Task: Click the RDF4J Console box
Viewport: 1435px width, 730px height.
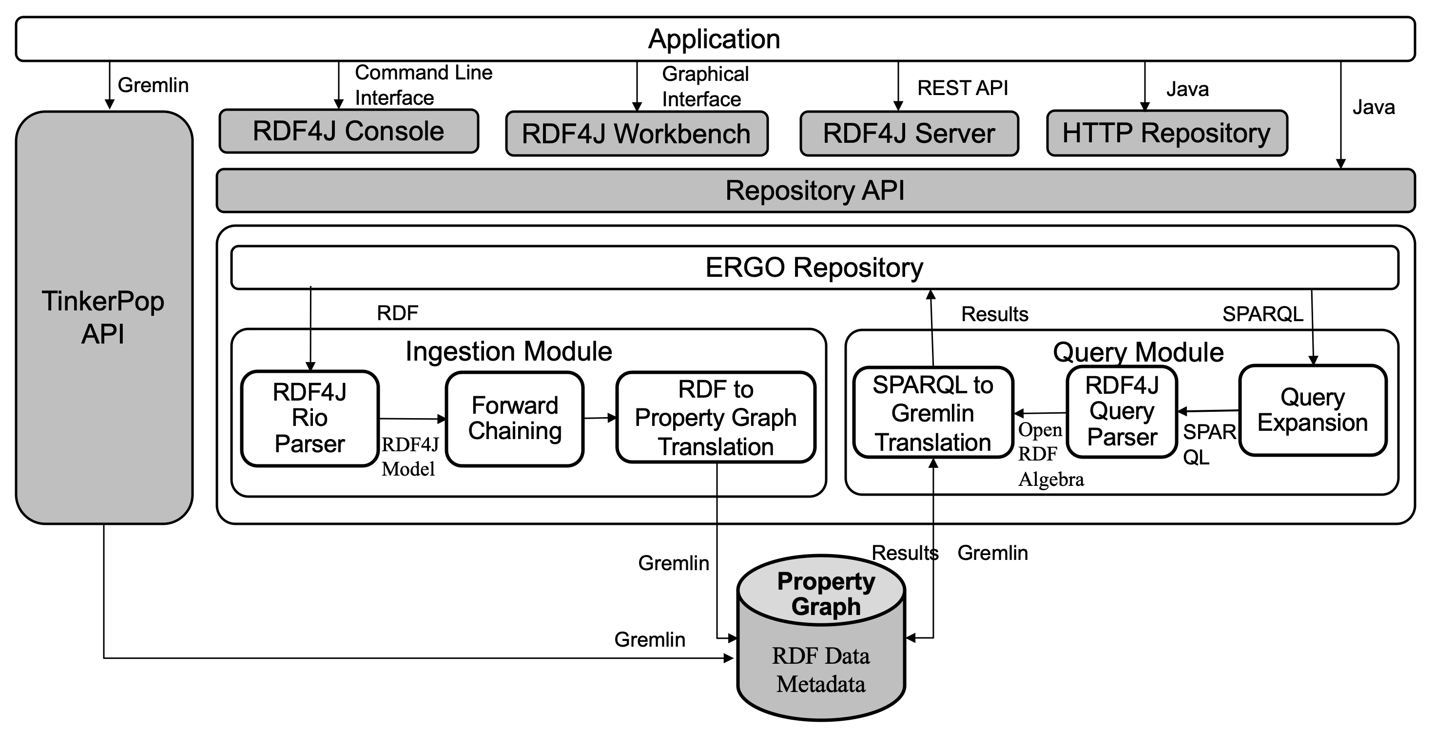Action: click(x=349, y=132)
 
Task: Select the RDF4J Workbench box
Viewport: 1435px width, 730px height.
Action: click(x=636, y=134)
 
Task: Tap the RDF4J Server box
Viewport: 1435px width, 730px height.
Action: click(x=909, y=134)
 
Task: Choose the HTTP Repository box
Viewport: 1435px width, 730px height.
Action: click(x=1166, y=133)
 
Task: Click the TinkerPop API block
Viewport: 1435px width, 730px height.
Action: click(x=104, y=317)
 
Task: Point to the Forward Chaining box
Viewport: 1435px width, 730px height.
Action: click(x=514, y=419)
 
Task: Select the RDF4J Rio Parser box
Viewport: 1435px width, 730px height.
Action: click(x=310, y=418)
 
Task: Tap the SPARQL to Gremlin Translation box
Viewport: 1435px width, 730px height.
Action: click(x=932, y=413)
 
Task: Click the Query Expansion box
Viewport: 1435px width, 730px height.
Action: click(x=1313, y=410)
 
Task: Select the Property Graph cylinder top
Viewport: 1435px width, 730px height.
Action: click(x=826, y=593)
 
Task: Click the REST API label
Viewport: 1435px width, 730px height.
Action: click(x=962, y=88)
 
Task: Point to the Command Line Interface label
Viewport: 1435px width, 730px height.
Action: click(x=424, y=85)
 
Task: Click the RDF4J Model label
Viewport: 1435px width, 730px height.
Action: click(x=409, y=457)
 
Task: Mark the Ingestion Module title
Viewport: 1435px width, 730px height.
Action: click(x=508, y=351)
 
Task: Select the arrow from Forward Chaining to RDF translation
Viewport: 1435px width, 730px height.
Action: click(x=600, y=418)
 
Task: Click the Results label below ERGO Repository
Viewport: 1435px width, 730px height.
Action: click(x=994, y=315)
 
